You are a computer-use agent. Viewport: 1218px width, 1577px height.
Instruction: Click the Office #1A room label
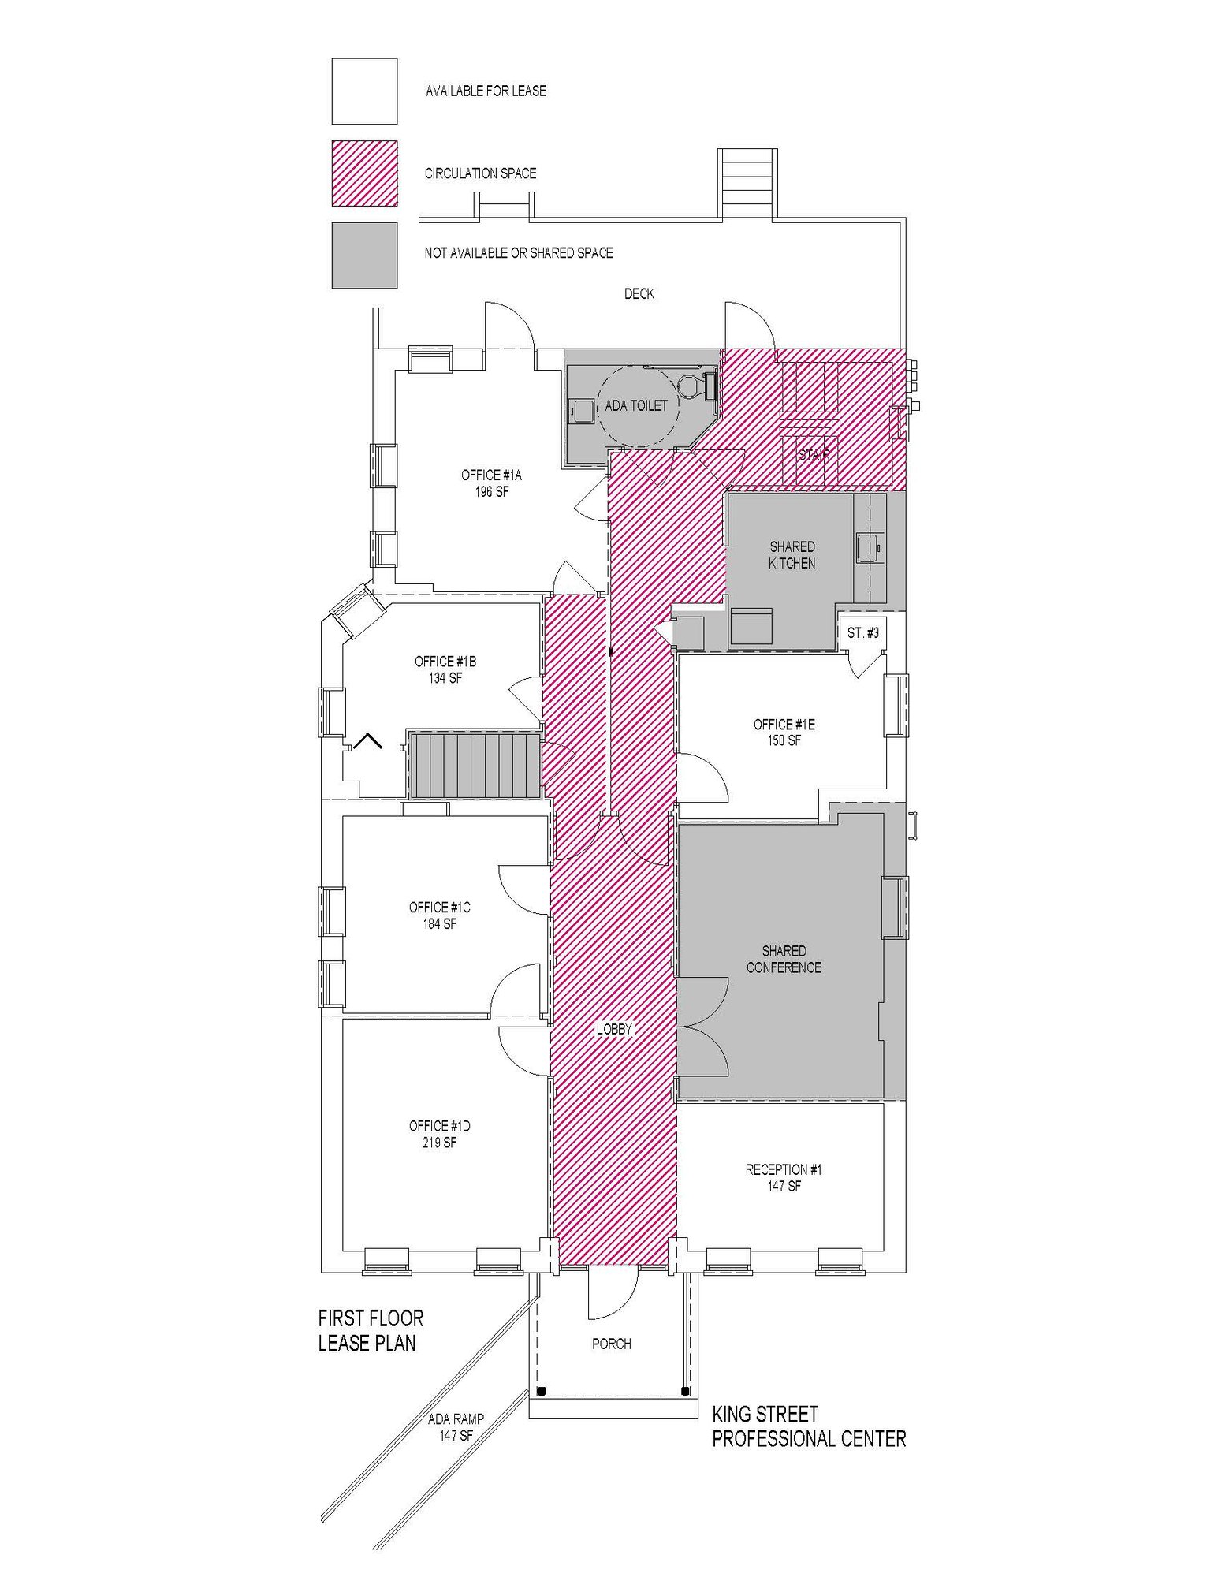[x=491, y=483]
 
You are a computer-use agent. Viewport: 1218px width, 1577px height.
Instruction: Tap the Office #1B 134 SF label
[x=445, y=669]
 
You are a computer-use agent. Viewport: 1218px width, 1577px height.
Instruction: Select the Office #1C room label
[x=439, y=915]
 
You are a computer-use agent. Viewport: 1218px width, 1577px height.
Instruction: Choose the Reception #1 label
[x=784, y=1178]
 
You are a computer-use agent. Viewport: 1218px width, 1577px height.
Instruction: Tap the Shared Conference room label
[x=784, y=960]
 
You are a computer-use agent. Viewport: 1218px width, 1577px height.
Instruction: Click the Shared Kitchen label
[x=792, y=555]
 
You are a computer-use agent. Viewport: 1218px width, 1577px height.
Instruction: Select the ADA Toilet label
[x=635, y=406]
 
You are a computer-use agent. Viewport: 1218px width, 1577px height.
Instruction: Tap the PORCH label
[x=611, y=1344]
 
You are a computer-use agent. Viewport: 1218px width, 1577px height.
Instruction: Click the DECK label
[x=639, y=294]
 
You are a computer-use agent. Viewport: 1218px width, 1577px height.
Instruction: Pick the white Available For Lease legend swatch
[x=364, y=91]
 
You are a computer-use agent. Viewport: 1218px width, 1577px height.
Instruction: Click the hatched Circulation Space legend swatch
[x=364, y=173]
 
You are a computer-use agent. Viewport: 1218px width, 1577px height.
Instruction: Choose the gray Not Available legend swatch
[x=364, y=255]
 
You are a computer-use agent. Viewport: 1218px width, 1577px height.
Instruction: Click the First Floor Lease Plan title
[x=371, y=1330]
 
